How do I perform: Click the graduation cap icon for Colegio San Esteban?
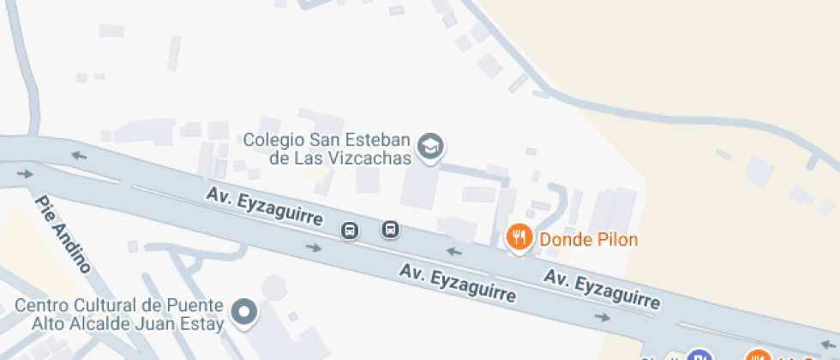430,147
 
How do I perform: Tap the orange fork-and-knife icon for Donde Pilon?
519,238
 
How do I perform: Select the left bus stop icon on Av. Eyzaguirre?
350,231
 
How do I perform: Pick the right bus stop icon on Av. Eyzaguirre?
390,229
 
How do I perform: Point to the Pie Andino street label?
63,233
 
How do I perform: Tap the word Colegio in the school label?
271,139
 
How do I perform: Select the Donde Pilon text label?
589,239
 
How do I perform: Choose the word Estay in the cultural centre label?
205,324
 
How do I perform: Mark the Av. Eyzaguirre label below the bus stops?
458,284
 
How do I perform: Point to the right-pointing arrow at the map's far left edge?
24,174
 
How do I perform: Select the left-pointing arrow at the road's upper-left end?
79,155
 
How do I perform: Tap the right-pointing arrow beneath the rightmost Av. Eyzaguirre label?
603,317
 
